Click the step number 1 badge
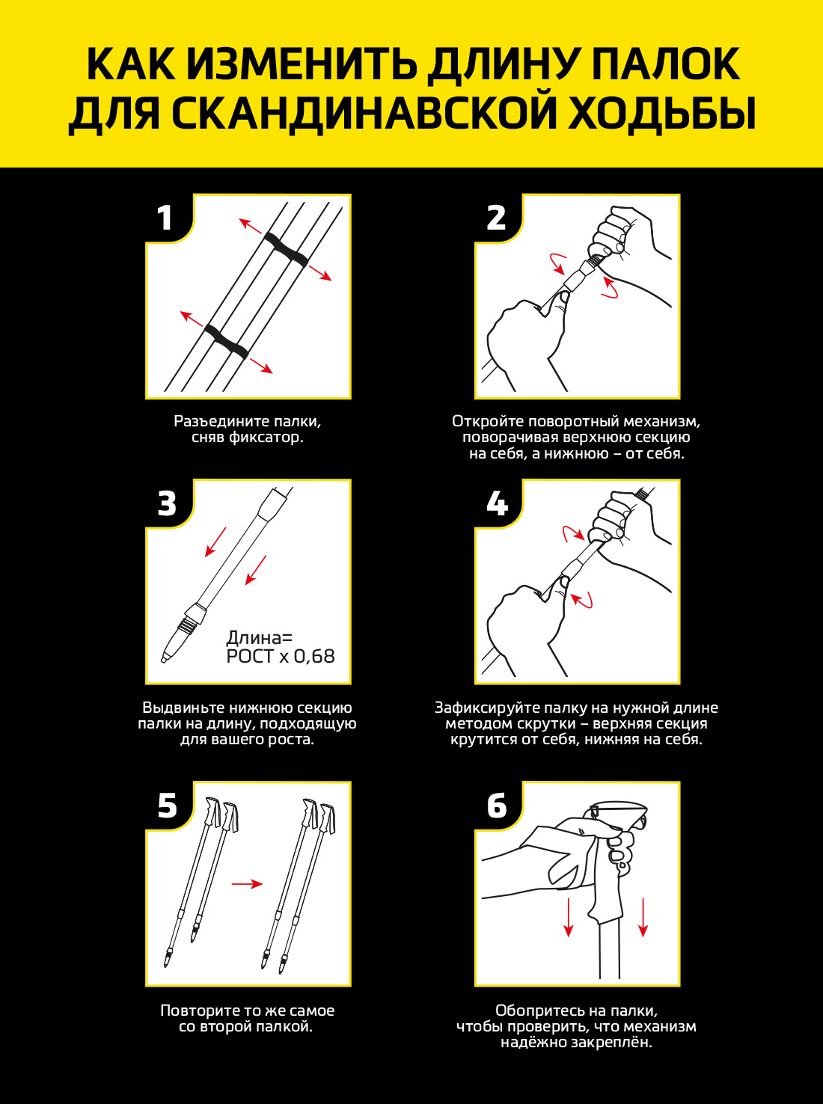(x=165, y=218)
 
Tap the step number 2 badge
(x=496, y=218)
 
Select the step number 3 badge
(x=167, y=503)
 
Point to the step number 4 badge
(x=497, y=503)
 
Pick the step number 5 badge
(x=167, y=806)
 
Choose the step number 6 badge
(x=497, y=806)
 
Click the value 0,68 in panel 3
(x=314, y=657)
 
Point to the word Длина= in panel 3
(x=259, y=638)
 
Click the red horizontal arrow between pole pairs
(x=247, y=884)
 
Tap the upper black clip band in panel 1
(x=287, y=250)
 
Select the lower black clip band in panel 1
(x=227, y=341)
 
